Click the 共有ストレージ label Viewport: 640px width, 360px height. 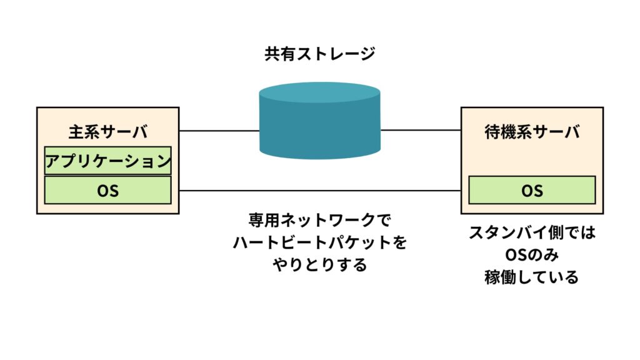tap(319, 54)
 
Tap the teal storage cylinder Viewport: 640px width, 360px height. tap(319, 121)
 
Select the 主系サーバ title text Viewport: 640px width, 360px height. tap(107, 132)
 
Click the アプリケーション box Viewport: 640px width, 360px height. tap(107, 161)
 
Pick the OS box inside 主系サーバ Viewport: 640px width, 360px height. tap(107, 190)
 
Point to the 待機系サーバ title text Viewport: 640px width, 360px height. tap(532, 132)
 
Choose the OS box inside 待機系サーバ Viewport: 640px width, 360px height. tap(532, 190)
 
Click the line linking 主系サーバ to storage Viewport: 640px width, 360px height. tap(219, 131)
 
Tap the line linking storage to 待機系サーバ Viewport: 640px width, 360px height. tap(421, 131)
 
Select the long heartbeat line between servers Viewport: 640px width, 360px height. tap(320, 191)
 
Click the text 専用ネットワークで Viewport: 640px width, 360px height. tap(319, 221)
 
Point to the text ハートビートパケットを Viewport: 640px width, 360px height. tap(319, 242)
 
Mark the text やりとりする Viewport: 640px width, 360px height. tap(319, 265)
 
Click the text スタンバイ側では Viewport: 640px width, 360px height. tap(532, 232)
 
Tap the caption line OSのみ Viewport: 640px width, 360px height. tap(532, 255)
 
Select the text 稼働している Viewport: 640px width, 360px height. tap(532, 277)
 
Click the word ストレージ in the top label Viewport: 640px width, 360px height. tap(336, 54)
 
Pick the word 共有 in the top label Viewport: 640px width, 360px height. tap(280, 54)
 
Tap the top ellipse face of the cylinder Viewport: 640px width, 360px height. tap(319, 92)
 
